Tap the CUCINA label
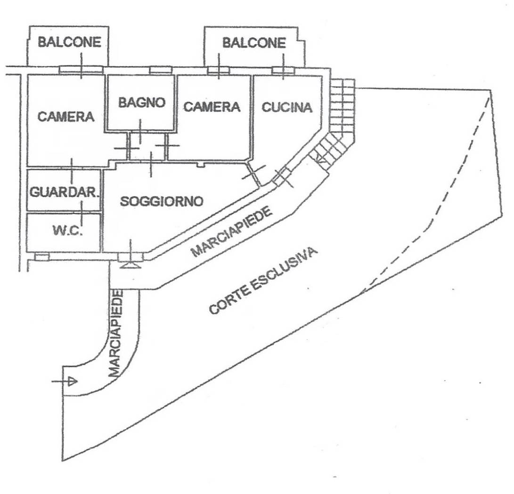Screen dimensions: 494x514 tap(287, 107)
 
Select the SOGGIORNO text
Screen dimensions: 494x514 tap(162, 201)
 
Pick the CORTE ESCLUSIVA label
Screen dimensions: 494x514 tap(263, 281)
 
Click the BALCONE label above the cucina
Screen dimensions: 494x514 tap(254, 43)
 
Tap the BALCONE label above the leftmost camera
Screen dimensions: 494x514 tap(69, 42)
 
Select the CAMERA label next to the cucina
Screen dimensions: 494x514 tap(212, 107)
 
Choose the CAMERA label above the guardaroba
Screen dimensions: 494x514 tap(66, 116)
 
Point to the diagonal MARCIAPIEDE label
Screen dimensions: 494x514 tap(232, 232)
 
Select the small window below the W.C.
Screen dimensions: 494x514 tap(42, 257)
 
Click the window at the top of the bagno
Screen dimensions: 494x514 tap(160, 70)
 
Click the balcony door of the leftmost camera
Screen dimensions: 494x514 tap(81, 70)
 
